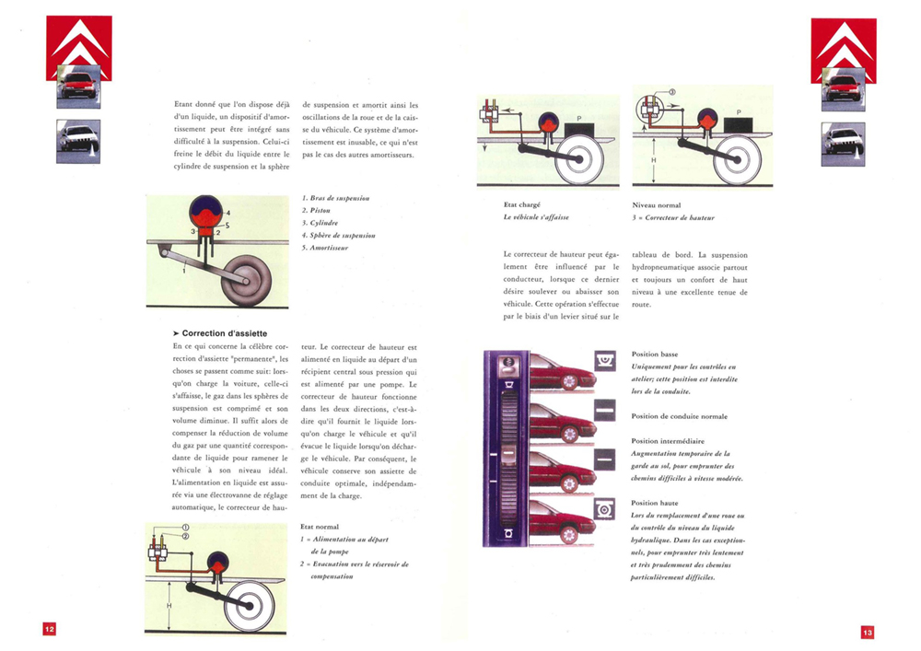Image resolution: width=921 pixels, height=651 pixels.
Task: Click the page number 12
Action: click(x=49, y=629)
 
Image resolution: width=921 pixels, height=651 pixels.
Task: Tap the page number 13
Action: click(x=868, y=632)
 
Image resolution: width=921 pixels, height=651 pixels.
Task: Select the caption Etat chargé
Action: click(x=522, y=204)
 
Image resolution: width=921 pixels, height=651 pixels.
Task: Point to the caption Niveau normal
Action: click(x=657, y=204)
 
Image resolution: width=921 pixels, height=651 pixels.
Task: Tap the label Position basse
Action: click(x=655, y=354)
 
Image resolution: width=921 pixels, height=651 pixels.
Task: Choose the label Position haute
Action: click(x=655, y=503)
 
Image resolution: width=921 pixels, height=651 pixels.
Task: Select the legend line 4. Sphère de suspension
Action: click(x=339, y=236)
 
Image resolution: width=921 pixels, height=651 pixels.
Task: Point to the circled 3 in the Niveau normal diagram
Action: click(x=671, y=92)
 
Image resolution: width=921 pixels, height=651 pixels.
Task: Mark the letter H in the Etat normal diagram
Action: click(x=169, y=605)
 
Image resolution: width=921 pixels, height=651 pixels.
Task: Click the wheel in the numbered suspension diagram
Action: click(x=249, y=277)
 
